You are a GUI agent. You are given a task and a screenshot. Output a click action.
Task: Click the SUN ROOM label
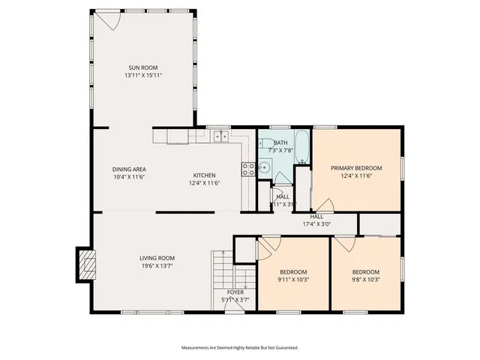pos(143,67)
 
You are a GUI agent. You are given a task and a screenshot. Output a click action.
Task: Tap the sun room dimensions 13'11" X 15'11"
pos(143,76)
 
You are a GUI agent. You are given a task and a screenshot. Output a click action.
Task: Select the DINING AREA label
pos(128,169)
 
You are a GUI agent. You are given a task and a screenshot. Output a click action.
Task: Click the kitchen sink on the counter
pos(221,136)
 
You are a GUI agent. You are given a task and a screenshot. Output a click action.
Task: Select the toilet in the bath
pos(264,145)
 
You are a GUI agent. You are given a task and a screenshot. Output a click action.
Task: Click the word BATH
pos(280,142)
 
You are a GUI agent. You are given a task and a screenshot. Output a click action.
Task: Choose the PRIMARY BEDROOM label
pos(357,168)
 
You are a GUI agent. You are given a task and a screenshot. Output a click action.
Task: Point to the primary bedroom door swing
pos(324,205)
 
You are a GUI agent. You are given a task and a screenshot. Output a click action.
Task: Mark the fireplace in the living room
pos(87,264)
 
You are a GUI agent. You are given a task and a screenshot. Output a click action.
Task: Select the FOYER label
pos(235,292)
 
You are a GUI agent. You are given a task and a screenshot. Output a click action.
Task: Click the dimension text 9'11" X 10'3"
pos(294,280)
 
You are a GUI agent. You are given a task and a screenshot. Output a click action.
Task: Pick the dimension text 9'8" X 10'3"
pos(366,280)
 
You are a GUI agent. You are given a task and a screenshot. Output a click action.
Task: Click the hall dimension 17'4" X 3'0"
pos(316,223)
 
